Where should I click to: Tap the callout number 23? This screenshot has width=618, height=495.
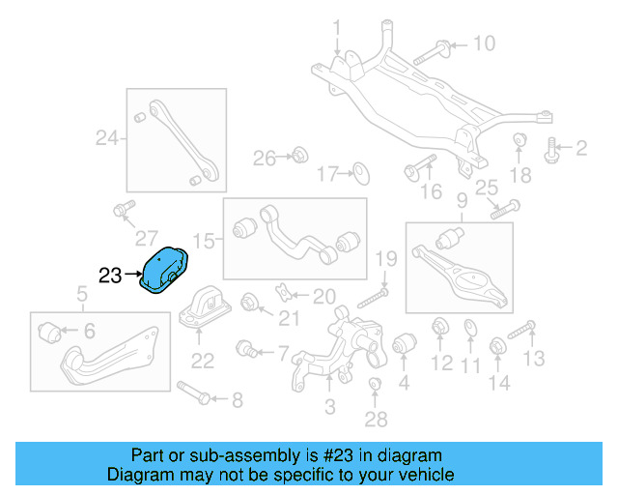tap(110, 276)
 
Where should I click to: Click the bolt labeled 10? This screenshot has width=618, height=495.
tap(433, 53)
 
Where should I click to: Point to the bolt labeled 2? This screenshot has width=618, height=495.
tap(553, 149)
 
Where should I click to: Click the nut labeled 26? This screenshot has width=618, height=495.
tap(299, 154)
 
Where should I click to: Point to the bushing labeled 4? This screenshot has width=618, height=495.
tap(403, 343)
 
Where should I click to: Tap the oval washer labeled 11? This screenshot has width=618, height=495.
tap(469, 329)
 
